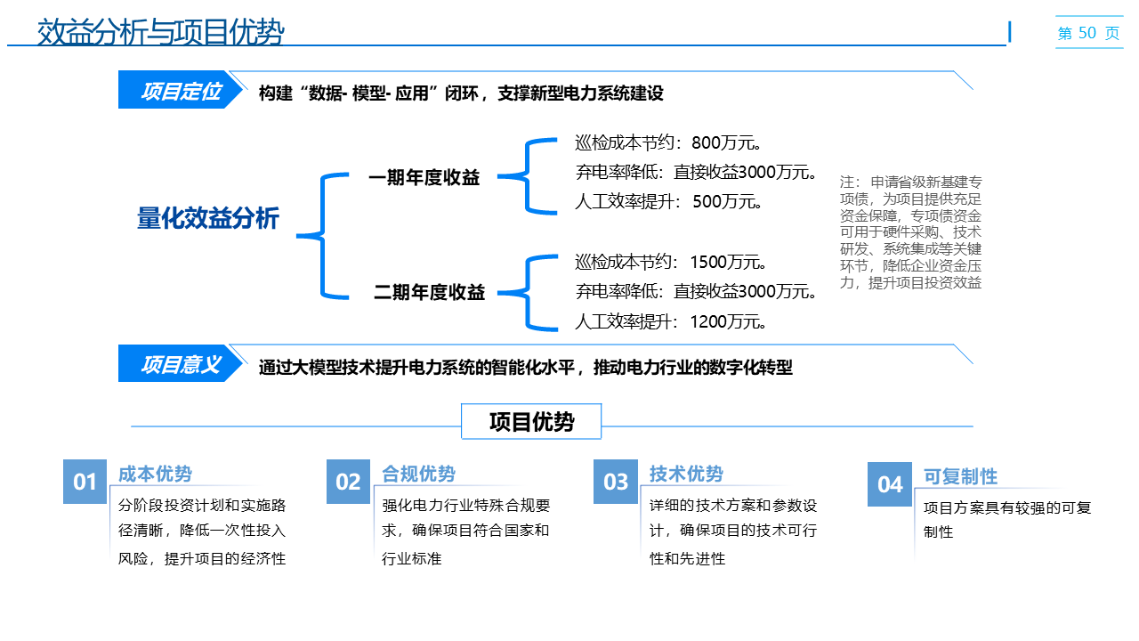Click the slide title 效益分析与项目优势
[x=160, y=33]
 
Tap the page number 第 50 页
[x=1088, y=33]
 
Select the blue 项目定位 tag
[x=180, y=92]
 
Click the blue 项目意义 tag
[x=180, y=365]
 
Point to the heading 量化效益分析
[x=207, y=218]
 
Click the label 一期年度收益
[x=424, y=178]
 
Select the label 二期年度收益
[x=429, y=292]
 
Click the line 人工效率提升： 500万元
[x=670, y=201]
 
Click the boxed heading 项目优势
[x=531, y=422]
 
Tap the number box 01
[x=85, y=483]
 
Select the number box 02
[x=348, y=483]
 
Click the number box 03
[x=616, y=483]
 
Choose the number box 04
[x=890, y=484]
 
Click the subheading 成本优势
[x=155, y=474]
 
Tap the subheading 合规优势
[x=418, y=474]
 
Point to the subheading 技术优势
[x=686, y=474]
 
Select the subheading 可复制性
[x=960, y=476]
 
